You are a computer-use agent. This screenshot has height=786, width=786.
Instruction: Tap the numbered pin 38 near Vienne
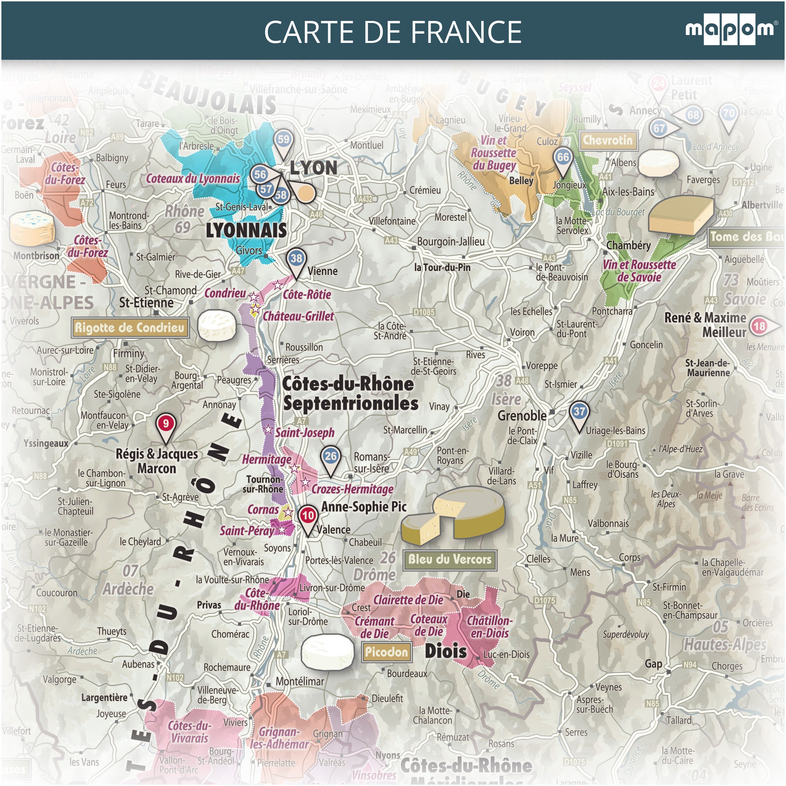[x=296, y=259]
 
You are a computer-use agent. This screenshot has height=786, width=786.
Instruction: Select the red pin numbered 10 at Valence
[x=308, y=516]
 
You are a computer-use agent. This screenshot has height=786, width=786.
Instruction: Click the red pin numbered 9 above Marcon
[x=166, y=424]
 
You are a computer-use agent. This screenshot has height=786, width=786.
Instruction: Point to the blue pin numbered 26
[x=330, y=457]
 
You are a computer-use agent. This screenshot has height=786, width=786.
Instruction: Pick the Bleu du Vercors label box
[x=450, y=559]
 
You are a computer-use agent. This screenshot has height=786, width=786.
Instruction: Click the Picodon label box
[x=386, y=652]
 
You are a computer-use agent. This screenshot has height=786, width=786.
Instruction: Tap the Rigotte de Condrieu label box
[x=130, y=327]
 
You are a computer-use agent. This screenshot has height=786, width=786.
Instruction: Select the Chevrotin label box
[x=608, y=140]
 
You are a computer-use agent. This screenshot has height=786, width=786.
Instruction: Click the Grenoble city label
[x=522, y=416]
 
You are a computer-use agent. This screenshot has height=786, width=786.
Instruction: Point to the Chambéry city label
[x=628, y=245]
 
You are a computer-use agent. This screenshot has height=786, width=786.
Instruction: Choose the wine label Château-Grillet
[x=298, y=316]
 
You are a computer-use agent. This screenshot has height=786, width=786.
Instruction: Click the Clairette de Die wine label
[x=408, y=600]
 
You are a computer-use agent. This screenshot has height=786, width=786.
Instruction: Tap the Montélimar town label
[x=300, y=681]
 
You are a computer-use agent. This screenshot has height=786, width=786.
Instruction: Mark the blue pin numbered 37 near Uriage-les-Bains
[x=579, y=412]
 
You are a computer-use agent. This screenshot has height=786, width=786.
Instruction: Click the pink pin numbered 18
[x=759, y=326]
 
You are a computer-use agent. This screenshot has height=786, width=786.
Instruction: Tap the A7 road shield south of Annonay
[x=301, y=421]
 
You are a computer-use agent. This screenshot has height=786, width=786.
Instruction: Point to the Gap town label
[x=653, y=664]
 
